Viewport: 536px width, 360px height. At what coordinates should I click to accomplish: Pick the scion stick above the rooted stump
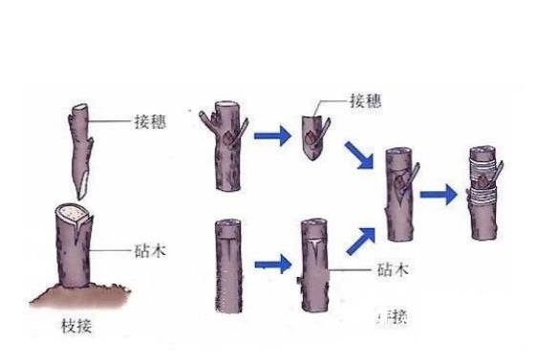point(79,143)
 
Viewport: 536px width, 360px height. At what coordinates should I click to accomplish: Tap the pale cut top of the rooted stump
point(74,213)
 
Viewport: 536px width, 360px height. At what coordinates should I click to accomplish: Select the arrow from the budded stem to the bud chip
point(271,136)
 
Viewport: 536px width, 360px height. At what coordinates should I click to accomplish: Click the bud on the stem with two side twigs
point(226,139)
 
